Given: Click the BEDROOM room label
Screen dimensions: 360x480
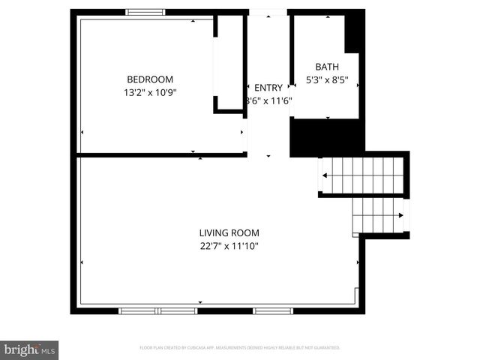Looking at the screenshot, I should tap(150, 79).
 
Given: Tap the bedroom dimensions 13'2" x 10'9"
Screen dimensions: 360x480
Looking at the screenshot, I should tap(150, 92).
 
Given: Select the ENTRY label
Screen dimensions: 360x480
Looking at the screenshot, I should tap(268, 88).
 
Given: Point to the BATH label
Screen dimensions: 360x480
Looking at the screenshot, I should tap(327, 67).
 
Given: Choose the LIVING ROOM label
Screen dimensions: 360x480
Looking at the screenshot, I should tap(229, 232).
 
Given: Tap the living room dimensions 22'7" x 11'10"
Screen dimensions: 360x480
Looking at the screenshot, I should tap(229, 245).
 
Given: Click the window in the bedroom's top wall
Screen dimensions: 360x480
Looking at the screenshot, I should tap(145, 12).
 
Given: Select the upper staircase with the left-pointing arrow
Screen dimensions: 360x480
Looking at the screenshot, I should tap(361, 175).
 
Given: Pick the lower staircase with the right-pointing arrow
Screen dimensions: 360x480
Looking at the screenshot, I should tap(379, 215).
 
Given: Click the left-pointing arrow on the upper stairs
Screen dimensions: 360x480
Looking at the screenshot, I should tap(325, 175).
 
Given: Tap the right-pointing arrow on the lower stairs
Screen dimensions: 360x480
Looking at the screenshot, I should tap(401, 215).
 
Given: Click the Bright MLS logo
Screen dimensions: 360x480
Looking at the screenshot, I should tap(29, 349).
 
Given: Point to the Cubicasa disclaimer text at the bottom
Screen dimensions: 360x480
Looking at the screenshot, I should tap(240, 348).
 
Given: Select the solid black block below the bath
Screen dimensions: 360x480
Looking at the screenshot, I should tap(326, 137).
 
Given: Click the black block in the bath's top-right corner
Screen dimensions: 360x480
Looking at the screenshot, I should tap(354, 33).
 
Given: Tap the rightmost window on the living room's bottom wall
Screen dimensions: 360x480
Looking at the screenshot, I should tap(273, 310).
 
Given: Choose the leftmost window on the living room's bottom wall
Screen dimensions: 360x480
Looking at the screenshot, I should tap(138, 310).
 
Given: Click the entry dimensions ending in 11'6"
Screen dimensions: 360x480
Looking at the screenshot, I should tap(268, 100).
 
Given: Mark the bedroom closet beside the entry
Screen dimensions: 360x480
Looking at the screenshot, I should tap(229, 64).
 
